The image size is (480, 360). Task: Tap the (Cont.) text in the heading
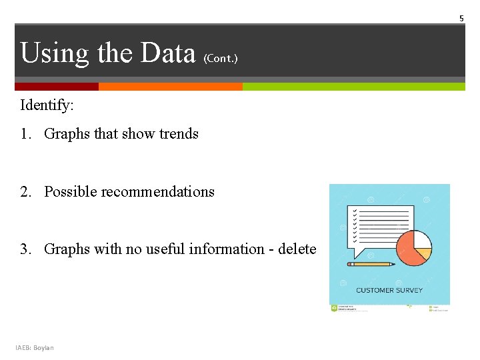tap(220, 59)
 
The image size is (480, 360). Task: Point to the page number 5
tap(461, 19)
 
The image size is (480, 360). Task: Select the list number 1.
tap(25, 134)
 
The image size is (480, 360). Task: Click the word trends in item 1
tap(179, 134)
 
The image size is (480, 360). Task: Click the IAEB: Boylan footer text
tap(35, 347)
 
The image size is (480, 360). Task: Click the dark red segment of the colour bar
tap(57, 87)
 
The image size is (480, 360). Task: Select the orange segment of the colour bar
tap(170, 87)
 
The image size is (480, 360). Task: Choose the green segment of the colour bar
tap(353, 87)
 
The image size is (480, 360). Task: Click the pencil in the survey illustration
tap(371, 264)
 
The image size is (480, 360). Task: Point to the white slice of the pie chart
tap(422, 239)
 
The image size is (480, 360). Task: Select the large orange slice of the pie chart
tap(408, 253)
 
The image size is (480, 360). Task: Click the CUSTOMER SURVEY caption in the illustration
tap(389, 290)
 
